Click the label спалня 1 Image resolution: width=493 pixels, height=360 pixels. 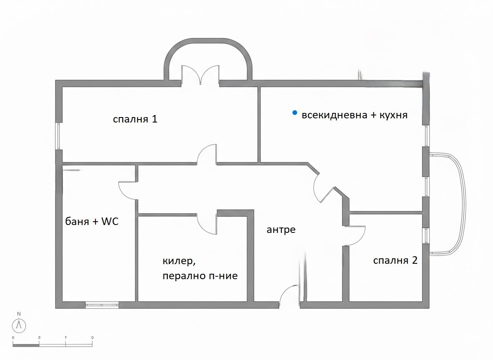(x=135, y=120)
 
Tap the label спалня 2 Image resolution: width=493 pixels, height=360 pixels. (x=395, y=261)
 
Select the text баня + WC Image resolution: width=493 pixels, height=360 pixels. (x=92, y=222)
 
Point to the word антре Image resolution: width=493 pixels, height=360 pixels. (x=281, y=230)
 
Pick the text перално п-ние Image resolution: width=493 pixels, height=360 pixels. (x=200, y=276)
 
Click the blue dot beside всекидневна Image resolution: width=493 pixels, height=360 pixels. (x=295, y=112)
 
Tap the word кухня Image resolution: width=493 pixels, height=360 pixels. (x=393, y=115)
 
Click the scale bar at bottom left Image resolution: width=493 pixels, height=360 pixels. (x=52, y=345)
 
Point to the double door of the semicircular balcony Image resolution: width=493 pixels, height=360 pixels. (x=201, y=75)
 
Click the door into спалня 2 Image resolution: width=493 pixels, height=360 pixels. (x=355, y=235)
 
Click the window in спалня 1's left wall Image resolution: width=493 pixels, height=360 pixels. (x=59, y=136)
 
